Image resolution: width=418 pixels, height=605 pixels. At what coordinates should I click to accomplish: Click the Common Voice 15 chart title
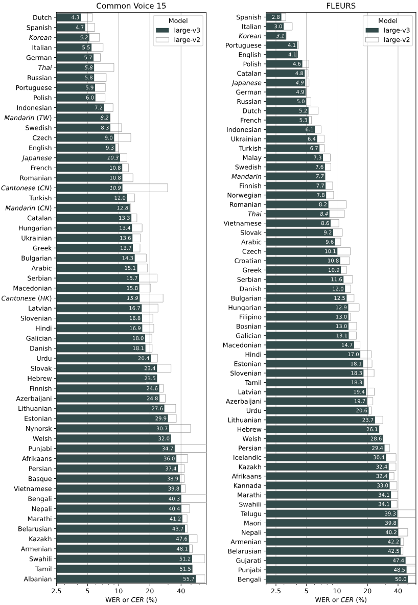point(131,6)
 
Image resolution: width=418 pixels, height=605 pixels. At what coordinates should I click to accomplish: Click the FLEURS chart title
point(341,6)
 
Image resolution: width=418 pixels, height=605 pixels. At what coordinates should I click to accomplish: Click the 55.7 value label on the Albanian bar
point(189,579)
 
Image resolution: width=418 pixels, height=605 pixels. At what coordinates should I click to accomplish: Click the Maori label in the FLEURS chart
point(251,523)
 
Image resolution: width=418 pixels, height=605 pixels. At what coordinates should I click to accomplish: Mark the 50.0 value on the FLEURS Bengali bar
point(401,579)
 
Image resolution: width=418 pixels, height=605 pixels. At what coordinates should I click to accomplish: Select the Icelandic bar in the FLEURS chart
point(327,457)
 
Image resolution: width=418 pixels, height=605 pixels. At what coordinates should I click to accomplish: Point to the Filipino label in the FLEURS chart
point(249,317)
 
